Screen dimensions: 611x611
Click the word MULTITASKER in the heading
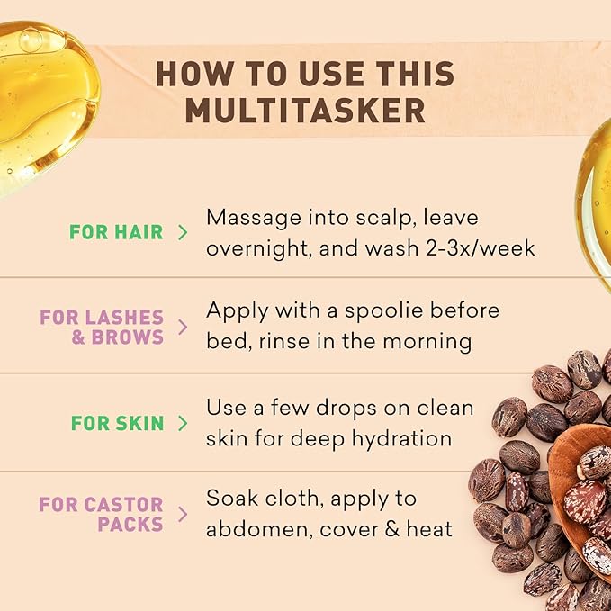pos(305,110)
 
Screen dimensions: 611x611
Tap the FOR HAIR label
pos(116,232)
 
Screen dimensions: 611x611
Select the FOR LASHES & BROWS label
pos(102,328)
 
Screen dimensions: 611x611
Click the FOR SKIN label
pos(116,423)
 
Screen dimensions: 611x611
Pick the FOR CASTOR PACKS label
pos(102,514)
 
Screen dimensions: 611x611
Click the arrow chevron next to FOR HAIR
pos(184,232)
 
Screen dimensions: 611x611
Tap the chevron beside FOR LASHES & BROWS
pos(184,328)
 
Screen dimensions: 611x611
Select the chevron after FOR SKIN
pos(184,423)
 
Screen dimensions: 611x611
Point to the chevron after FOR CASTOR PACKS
pos(184,514)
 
